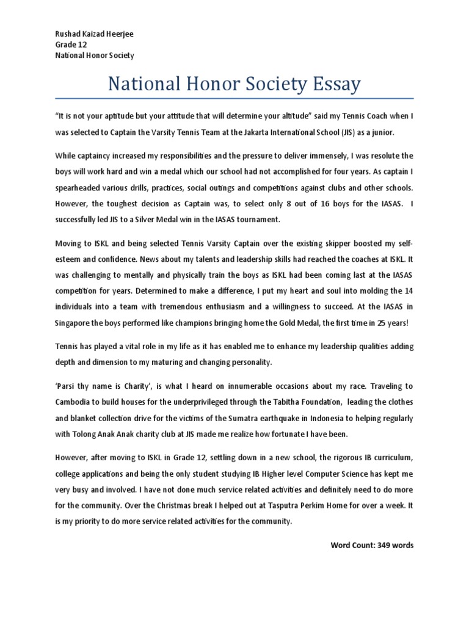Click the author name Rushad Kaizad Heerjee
(x=93, y=34)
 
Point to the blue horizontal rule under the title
(x=234, y=98)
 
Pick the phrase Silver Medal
(x=167, y=219)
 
